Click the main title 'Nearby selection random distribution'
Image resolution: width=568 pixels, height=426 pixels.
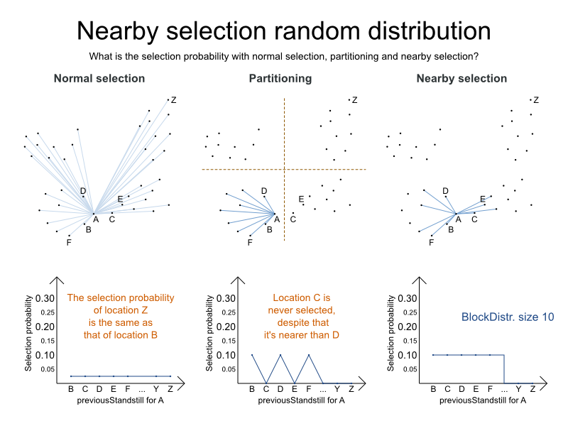point(283,31)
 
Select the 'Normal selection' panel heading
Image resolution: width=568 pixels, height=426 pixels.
point(99,79)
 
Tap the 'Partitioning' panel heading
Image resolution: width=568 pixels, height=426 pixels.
point(280,79)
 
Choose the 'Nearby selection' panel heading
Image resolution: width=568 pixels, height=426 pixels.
point(461,79)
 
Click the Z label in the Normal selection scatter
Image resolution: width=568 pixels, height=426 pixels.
point(174,100)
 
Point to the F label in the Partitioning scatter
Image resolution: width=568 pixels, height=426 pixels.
point(250,243)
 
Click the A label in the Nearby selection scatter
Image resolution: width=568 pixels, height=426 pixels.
point(459,219)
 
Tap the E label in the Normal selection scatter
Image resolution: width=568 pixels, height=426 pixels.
point(120,199)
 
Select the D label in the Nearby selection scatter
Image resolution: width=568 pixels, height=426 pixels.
point(446,191)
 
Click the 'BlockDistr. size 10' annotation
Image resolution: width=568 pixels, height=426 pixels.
point(508,317)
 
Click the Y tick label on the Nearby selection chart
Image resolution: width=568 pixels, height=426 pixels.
point(518,389)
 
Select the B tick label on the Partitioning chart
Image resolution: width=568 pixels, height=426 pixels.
point(252,389)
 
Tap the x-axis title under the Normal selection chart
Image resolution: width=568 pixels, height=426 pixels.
point(120,400)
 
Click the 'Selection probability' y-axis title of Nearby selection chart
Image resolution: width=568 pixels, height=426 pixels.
point(393,334)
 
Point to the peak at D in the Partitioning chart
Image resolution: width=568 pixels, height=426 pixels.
point(280,355)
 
